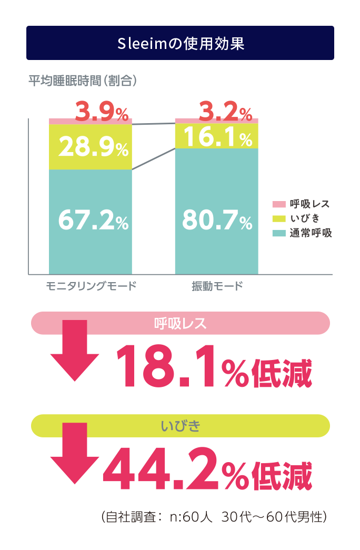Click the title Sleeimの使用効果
point(180,43)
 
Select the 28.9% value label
point(93,148)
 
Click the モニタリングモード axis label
point(91,287)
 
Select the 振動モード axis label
point(217,287)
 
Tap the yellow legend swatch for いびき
point(278,218)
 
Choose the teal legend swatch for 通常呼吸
point(278,232)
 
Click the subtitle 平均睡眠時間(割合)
point(83,81)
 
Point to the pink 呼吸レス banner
point(181,323)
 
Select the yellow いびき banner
point(181,426)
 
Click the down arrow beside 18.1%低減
point(75,352)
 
